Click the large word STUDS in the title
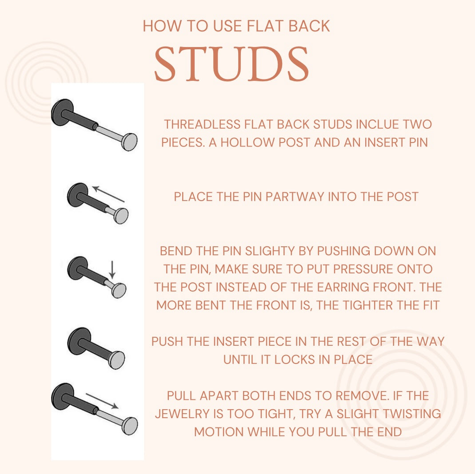tap(231, 64)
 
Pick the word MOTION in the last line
tap(219, 431)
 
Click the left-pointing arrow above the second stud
tap(108, 194)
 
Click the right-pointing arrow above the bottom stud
tap(102, 400)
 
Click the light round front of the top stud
tap(129, 142)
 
